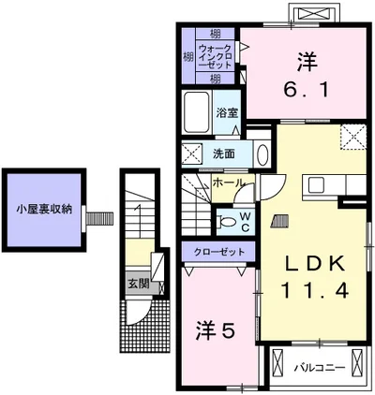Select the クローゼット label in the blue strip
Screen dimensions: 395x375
[x=219, y=253]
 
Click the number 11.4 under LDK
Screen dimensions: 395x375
[x=312, y=292]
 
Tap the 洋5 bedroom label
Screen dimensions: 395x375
[x=216, y=330]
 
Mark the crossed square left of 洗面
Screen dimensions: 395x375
[x=191, y=154]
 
